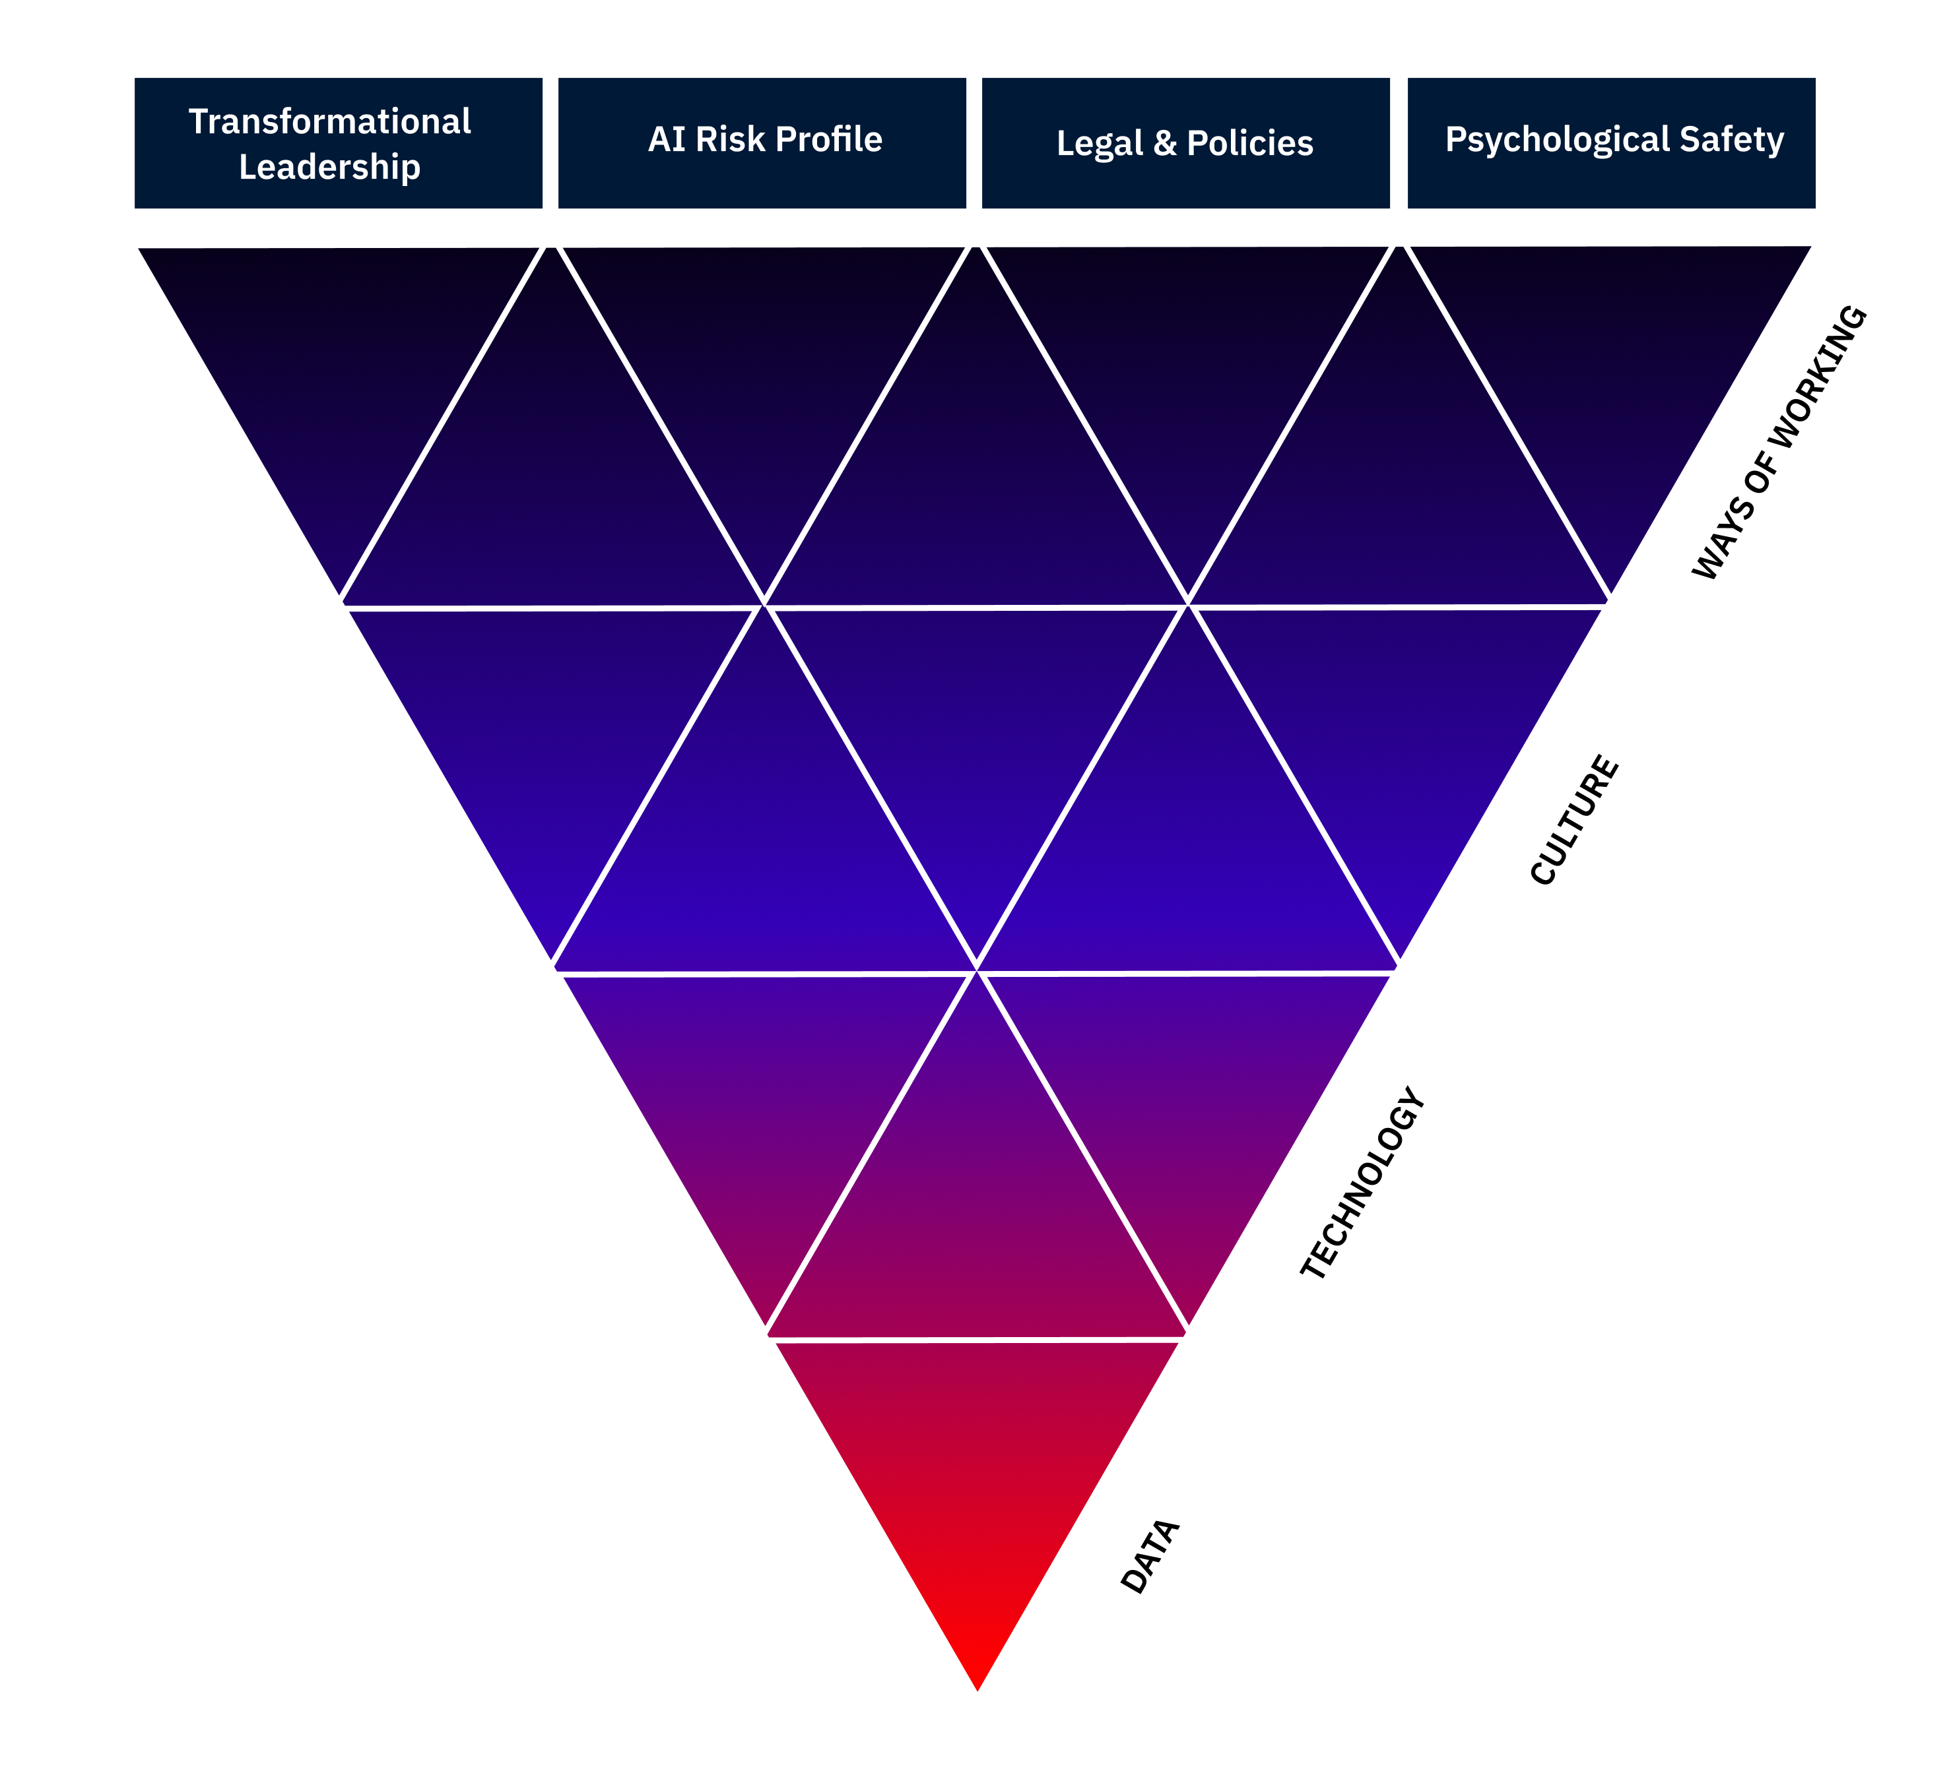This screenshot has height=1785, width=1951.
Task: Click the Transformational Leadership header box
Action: tap(338, 143)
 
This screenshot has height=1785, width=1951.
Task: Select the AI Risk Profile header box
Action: tap(762, 143)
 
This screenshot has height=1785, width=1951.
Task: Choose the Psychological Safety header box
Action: tap(1611, 143)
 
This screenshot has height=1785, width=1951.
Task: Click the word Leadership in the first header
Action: tap(330, 168)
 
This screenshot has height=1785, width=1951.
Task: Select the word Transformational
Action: tap(330, 122)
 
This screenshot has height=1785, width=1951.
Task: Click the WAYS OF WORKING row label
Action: tap(1779, 443)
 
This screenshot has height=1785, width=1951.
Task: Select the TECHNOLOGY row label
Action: tap(1362, 1183)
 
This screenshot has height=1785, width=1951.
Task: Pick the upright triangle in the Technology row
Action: tap(976, 1209)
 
